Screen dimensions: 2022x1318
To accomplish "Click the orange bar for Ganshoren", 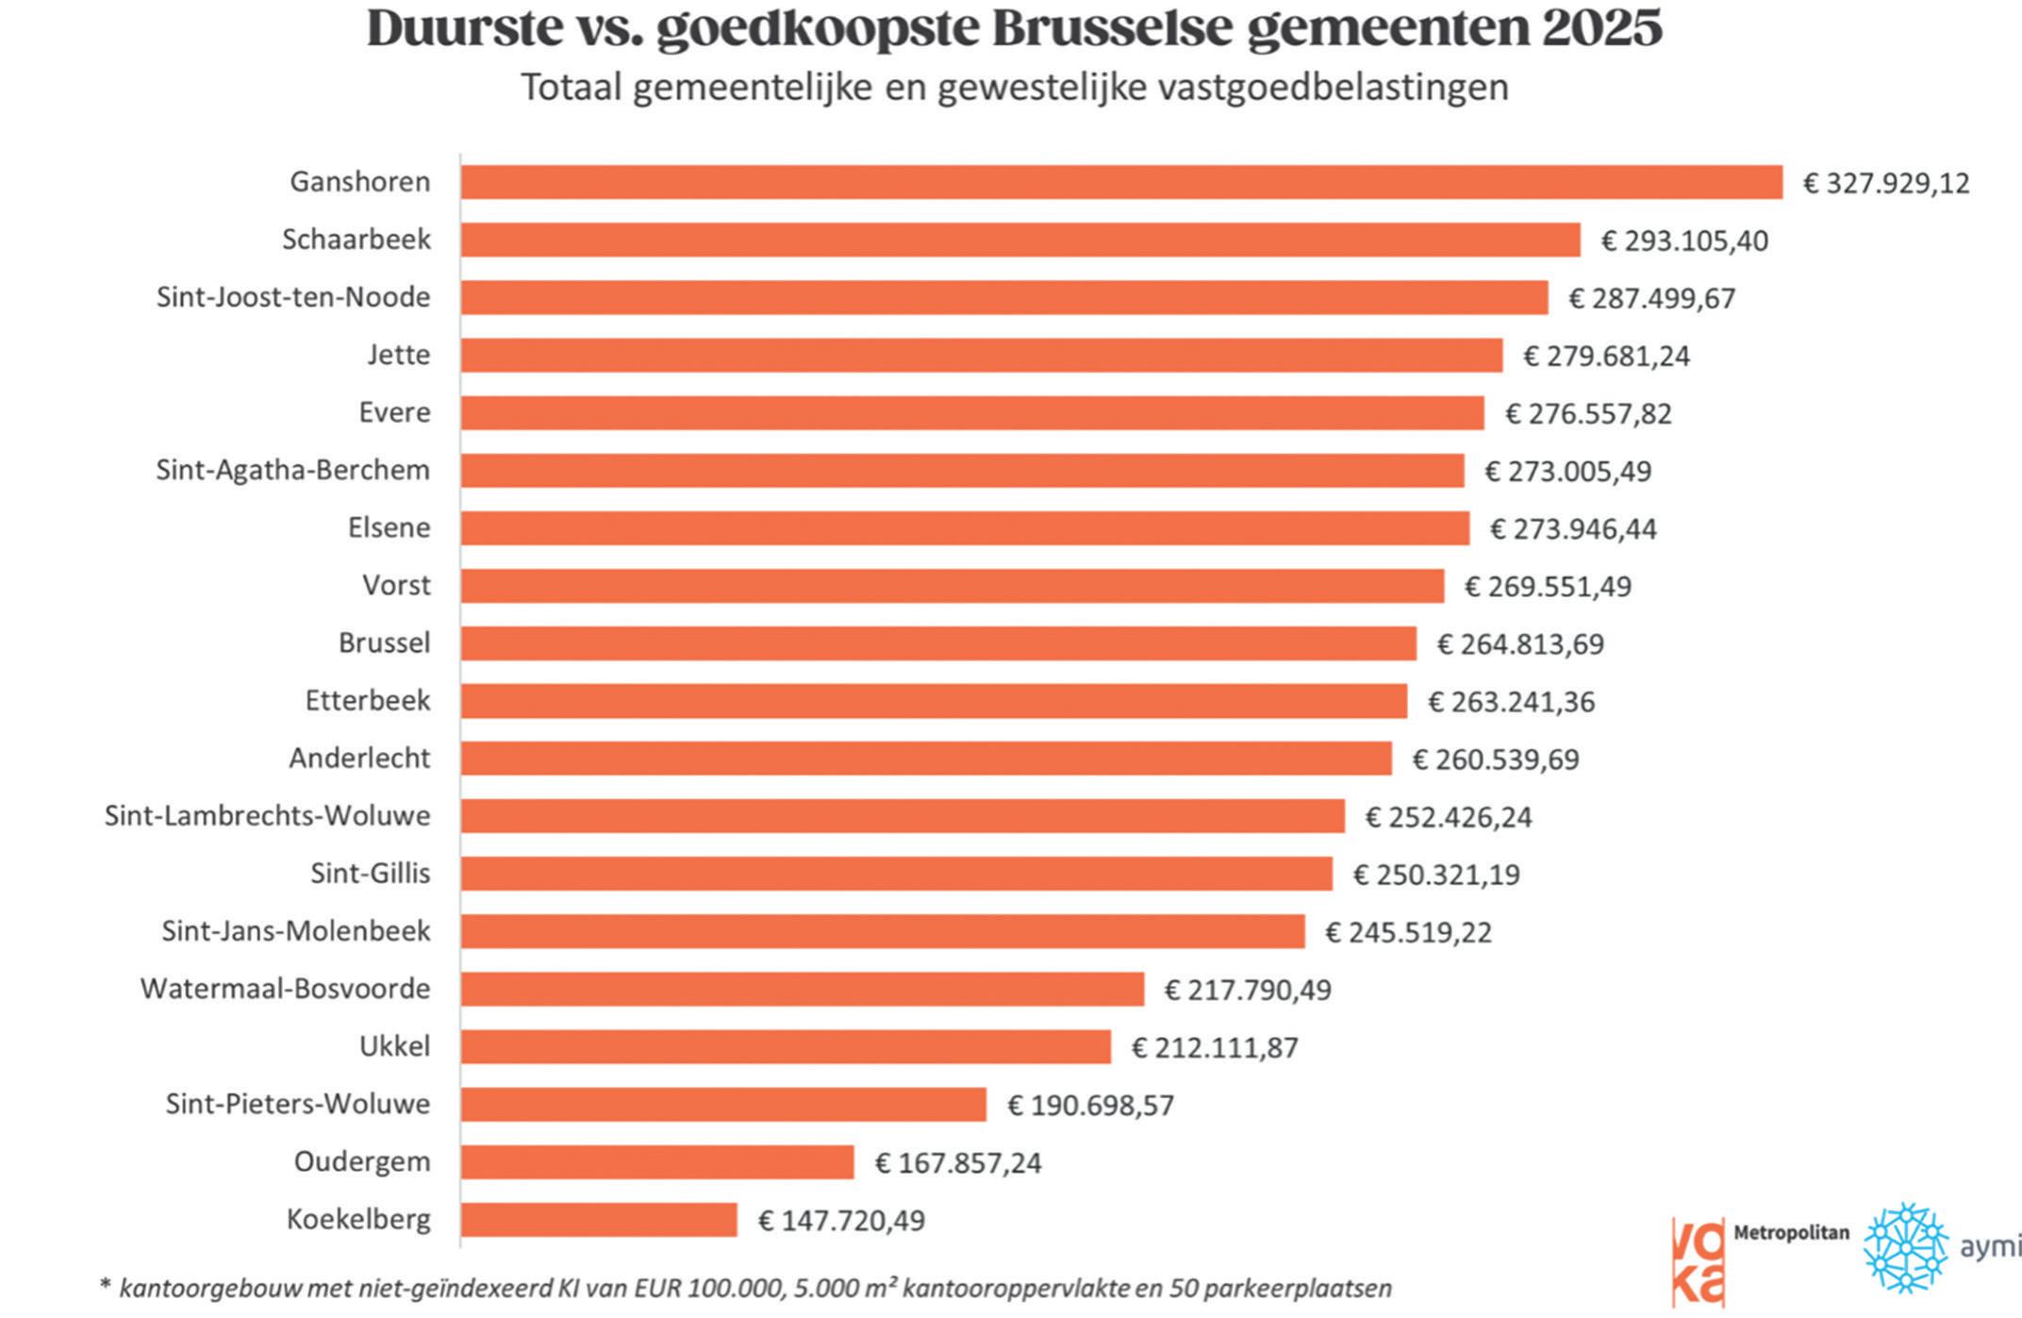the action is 1121,182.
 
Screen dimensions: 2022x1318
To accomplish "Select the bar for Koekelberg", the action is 599,1219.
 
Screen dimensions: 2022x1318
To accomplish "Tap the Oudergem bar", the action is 657,1161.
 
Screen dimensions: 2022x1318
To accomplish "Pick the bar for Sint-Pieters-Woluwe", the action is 723,1104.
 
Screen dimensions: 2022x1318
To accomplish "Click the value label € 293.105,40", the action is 1684,241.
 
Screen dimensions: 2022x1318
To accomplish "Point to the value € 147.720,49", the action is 841,1220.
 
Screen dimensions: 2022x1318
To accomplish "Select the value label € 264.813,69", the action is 1520,643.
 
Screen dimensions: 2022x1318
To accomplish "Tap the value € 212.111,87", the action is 1215,1047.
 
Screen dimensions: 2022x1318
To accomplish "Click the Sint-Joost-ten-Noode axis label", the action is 293,297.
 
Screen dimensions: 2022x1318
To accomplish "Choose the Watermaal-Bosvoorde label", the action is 285,989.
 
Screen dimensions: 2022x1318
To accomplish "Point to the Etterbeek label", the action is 368,700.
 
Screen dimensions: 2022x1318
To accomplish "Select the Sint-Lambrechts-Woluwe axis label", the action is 267,815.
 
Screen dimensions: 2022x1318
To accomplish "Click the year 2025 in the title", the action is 1601,27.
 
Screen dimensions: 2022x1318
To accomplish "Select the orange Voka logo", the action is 1698,1261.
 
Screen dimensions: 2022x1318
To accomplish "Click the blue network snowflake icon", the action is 1906,1246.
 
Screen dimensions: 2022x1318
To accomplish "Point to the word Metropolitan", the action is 1791,1232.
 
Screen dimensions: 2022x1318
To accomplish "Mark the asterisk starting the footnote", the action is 105,1284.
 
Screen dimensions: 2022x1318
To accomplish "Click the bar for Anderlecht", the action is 926,759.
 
